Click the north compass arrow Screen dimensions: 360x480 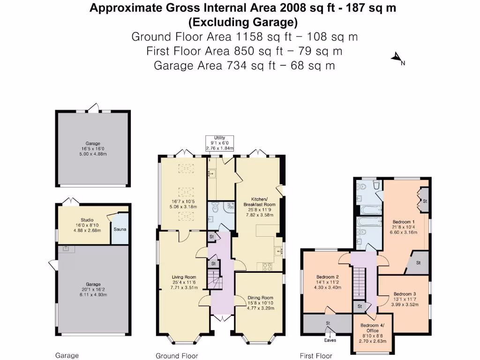click(397, 58)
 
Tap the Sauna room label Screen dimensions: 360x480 click(120, 229)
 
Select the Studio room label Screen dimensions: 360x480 click(87, 220)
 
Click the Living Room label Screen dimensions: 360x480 click(184, 277)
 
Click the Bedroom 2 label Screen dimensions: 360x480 click(328, 277)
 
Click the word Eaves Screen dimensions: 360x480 click(330, 340)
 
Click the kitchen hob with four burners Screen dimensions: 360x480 click(268, 267)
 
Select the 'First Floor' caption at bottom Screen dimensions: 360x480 click(316, 356)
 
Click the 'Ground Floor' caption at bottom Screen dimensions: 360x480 click(177, 356)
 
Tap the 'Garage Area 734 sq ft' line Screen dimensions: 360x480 click(244, 65)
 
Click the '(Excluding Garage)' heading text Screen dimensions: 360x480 click(242, 22)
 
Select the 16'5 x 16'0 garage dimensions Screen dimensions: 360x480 click(93, 149)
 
